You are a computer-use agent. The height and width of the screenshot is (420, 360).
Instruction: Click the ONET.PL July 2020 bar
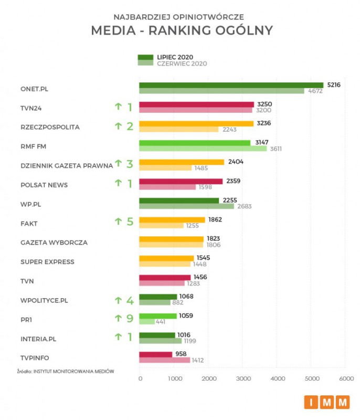point(231,85)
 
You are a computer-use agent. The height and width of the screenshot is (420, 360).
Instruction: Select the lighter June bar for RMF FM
point(203,149)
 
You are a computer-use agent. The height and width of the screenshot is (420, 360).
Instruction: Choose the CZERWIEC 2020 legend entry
point(181,64)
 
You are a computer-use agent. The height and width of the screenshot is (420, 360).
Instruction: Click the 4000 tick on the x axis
point(278,378)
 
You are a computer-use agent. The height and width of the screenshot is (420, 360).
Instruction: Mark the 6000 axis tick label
point(346,378)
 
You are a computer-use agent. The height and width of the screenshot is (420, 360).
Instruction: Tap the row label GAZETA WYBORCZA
point(54,243)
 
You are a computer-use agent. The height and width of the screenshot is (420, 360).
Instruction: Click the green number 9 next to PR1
point(129,319)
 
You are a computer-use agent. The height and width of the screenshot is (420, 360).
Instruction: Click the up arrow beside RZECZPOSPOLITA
point(118,126)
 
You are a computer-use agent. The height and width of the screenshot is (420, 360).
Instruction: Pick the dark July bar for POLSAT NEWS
point(181,181)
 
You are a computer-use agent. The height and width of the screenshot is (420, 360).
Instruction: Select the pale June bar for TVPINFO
point(164,360)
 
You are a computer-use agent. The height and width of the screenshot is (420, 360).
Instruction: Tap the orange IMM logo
point(326,402)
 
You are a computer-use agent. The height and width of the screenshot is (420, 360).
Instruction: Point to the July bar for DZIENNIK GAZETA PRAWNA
point(182,162)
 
